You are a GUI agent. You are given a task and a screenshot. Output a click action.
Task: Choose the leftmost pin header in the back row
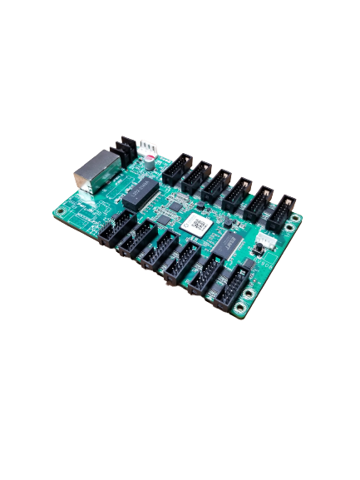click(176, 168)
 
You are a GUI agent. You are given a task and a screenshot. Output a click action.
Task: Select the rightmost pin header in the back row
click(285, 209)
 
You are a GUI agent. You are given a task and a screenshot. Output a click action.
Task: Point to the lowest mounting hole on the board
click(241, 314)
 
